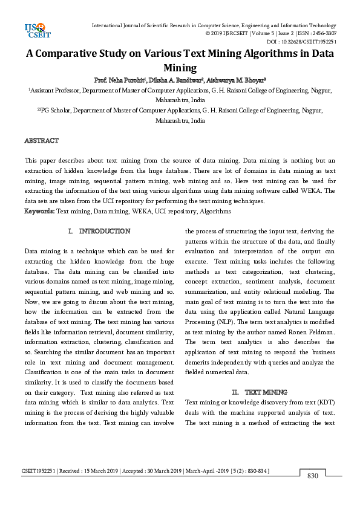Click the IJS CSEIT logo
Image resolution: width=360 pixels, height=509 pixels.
[x=34, y=29]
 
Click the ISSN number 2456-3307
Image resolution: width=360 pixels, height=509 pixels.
[x=324, y=33]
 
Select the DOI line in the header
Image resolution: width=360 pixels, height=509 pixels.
[x=301, y=41]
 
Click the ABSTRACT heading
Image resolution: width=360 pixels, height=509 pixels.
[x=41, y=140]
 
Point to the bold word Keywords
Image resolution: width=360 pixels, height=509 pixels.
[x=39, y=212]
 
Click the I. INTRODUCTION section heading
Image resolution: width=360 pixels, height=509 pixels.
[x=100, y=232]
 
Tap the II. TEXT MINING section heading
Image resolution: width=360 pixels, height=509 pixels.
[x=261, y=392]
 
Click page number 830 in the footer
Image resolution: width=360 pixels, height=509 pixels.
[x=312, y=475]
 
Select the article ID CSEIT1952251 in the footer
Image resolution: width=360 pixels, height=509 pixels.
[x=38, y=470]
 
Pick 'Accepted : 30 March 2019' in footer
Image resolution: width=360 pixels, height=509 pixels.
[x=152, y=470]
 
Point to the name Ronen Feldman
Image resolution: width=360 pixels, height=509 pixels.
[x=308, y=332]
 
